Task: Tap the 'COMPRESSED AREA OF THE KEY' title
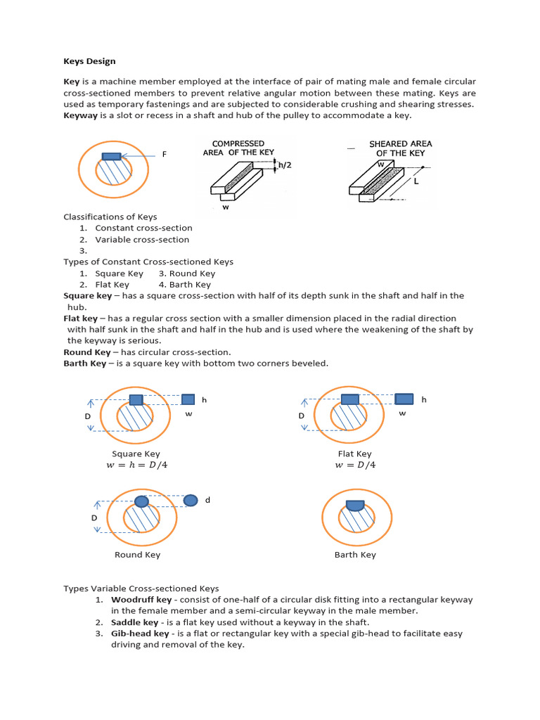click(x=238, y=148)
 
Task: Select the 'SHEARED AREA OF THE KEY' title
click(x=400, y=148)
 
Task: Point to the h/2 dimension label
click(x=285, y=165)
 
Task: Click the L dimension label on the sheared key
click(x=416, y=181)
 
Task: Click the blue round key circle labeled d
click(x=190, y=500)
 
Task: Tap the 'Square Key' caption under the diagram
click(x=136, y=454)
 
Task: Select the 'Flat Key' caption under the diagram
click(x=354, y=454)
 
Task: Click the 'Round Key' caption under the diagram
click(x=137, y=555)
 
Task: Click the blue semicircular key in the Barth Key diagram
click(x=355, y=504)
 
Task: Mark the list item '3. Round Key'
click(x=187, y=274)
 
